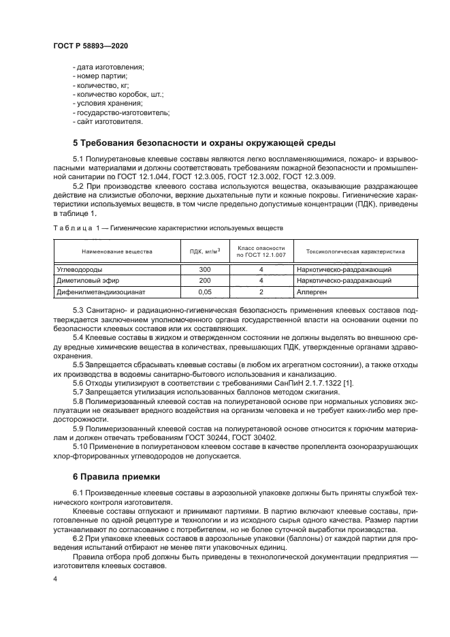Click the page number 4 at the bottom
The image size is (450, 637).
click(x=55, y=578)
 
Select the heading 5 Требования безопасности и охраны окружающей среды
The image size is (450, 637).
click(x=204, y=143)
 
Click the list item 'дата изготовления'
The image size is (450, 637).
click(x=108, y=67)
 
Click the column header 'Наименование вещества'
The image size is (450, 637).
click(x=116, y=251)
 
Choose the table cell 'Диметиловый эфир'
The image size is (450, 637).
click(x=86, y=281)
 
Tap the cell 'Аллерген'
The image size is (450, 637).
click(x=312, y=292)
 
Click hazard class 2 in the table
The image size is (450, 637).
click(x=261, y=292)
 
